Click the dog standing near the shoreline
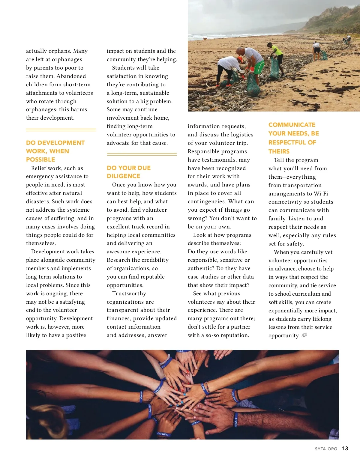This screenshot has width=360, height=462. tap(205, 39)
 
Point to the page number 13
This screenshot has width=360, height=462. tap(345, 449)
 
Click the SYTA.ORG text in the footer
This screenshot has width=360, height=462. tap(326, 449)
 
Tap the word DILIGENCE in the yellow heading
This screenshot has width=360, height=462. tap(123, 176)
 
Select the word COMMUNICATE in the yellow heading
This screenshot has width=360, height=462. tap(292, 125)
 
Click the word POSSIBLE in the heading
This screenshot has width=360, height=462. tap(40, 159)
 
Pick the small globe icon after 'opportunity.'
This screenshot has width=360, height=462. tap(304, 335)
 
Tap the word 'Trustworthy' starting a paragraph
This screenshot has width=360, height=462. tap(129, 293)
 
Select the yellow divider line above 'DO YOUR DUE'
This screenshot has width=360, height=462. tap(142, 154)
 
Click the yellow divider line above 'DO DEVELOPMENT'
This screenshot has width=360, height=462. tap(61, 130)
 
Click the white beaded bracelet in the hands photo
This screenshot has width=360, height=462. tap(165, 359)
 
